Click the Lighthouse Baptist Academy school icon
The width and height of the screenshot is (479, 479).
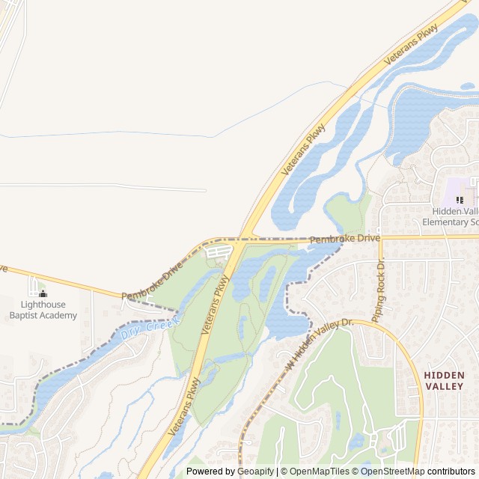(43, 293)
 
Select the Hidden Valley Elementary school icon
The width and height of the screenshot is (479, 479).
(460, 200)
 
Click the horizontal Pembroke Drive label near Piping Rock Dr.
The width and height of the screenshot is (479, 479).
(344, 239)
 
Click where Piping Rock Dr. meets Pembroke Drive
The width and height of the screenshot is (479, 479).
(380, 238)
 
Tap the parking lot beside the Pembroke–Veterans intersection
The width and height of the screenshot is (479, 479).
(218, 252)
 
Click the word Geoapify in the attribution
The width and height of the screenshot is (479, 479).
(255, 472)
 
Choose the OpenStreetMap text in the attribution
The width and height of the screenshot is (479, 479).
(394, 472)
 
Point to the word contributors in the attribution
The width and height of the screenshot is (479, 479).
(451, 472)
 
